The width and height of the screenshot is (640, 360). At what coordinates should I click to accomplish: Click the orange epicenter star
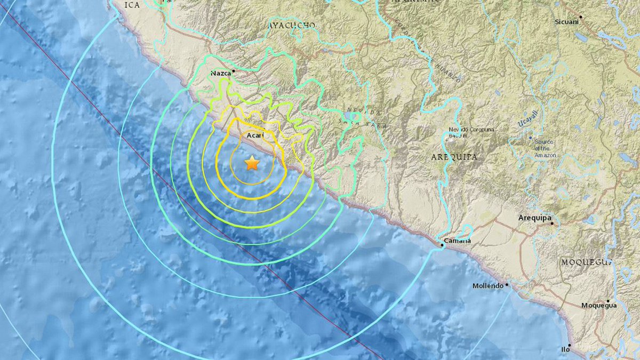point(251,164)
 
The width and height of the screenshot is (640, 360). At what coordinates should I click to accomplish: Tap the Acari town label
point(255,136)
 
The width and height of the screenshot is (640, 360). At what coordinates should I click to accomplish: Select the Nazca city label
point(220,74)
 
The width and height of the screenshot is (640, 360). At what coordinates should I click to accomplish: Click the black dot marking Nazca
point(232,69)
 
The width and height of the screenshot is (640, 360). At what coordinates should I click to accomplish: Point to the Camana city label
point(459,241)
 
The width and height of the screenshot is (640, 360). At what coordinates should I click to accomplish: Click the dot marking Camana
point(443,245)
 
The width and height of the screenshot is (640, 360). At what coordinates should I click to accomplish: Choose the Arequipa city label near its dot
point(534,218)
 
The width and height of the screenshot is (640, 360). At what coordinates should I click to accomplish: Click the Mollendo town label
point(487,286)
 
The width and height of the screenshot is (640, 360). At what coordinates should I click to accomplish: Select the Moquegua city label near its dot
point(598,306)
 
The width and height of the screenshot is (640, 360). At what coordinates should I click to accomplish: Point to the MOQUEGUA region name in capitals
point(585,262)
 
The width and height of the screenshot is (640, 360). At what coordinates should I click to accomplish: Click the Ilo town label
point(565,349)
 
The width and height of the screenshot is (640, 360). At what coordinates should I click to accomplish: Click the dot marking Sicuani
point(581,17)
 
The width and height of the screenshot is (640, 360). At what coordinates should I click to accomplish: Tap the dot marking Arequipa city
point(552,223)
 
